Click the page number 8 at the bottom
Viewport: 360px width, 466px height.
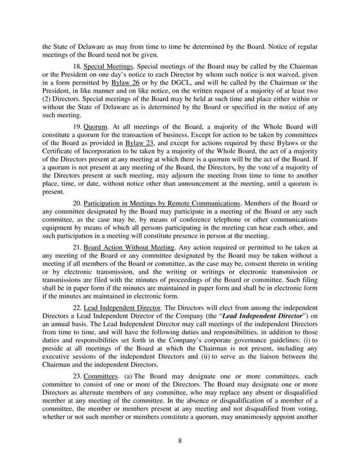tap(179, 441)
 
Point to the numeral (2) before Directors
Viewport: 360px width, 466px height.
tap(46, 102)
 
